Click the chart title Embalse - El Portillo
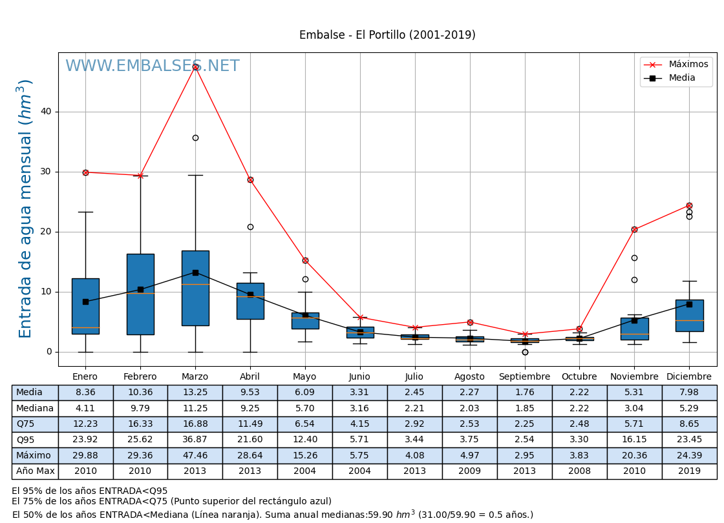point(387,36)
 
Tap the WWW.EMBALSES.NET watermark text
point(153,67)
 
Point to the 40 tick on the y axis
point(46,112)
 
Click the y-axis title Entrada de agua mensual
point(25,209)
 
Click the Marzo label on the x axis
point(195,377)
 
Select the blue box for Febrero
point(140,294)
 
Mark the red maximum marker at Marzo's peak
point(195,67)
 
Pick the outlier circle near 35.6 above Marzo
point(195,138)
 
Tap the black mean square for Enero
point(85,302)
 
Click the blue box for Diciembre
point(689,316)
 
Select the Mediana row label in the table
point(35,409)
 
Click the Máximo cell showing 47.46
point(195,456)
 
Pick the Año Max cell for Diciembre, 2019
point(689,471)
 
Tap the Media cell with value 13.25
point(195,393)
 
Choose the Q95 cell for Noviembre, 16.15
point(634,440)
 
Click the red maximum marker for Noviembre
point(634,229)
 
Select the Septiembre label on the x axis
point(524,377)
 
